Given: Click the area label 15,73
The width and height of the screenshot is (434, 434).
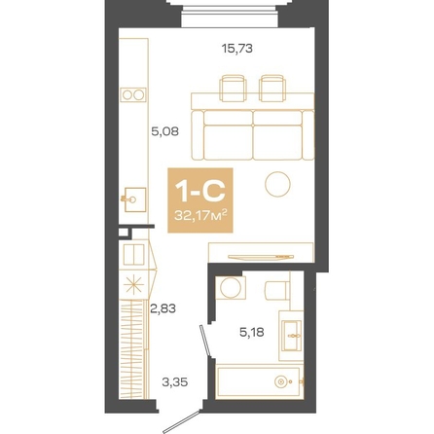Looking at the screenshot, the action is pyautogui.click(x=236, y=49).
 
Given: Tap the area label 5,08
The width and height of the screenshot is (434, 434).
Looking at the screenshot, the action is pyautogui.click(x=165, y=131).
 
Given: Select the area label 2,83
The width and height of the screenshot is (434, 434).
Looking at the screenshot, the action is pyautogui.click(x=163, y=308).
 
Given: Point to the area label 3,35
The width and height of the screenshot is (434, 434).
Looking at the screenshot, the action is pyautogui.click(x=175, y=382).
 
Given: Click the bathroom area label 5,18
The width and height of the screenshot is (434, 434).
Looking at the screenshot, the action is pyautogui.click(x=252, y=332).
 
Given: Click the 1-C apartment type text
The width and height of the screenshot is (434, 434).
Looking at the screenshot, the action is pyautogui.click(x=199, y=191).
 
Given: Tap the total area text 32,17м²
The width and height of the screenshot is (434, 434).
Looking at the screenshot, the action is pyautogui.click(x=200, y=215).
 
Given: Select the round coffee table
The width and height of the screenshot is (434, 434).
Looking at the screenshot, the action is pyautogui.click(x=277, y=184).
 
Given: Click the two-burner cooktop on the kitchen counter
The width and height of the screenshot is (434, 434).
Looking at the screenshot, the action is pyautogui.click(x=133, y=94).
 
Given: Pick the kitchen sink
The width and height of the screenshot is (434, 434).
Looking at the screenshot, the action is pyautogui.click(x=134, y=199).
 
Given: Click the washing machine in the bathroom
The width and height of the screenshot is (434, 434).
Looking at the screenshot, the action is pyautogui.click(x=231, y=288).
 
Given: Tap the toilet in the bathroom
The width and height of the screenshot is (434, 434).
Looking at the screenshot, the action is pyautogui.click(x=277, y=290).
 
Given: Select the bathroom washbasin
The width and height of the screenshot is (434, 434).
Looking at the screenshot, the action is pyautogui.click(x=291, y=336).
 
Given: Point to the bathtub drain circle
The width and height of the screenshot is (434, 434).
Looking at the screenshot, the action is pyautogui.click(x=280, y=381).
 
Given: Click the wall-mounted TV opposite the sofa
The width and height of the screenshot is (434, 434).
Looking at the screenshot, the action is pyautogui.click(x=261, y=257).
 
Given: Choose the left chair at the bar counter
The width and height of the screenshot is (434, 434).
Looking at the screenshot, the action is pyautogui.click(x=233, y=89).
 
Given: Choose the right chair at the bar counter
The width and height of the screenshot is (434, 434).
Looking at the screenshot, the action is pyautogui.click(x=272, y=89).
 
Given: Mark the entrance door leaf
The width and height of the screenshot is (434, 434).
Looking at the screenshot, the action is pyautogui.click(x=181, y=421).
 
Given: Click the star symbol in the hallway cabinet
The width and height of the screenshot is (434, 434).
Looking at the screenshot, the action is pyautogui.click(x=134, y=285).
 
